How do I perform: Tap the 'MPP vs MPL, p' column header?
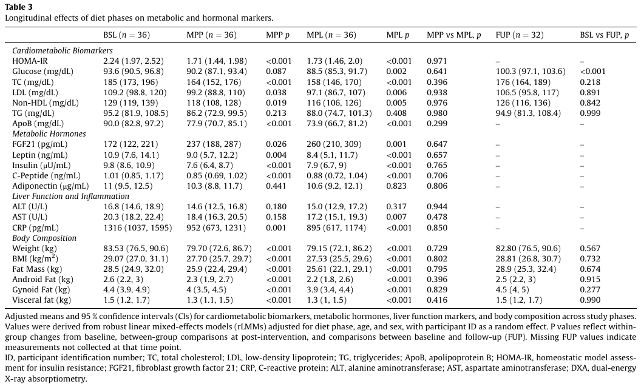pyautogui.click(x=454, y=36)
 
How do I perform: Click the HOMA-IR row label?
pyautogui.click(x=28, y=61)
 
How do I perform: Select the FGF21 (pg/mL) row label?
pyautogui.click(x=40, y=144)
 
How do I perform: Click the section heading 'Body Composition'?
pyautogui.click(x=44, y=238)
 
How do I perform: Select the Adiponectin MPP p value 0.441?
pyautogui.click(x=276, y=186)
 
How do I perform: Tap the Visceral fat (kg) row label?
pyautogui.click(x=41, y=300)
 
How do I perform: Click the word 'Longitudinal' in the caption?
pyautogui.click(x=26, y=18)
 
